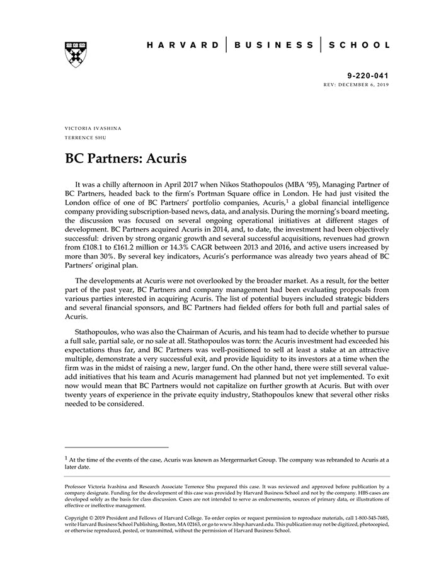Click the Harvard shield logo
[75, 54]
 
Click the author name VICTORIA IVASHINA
[93, 128]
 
